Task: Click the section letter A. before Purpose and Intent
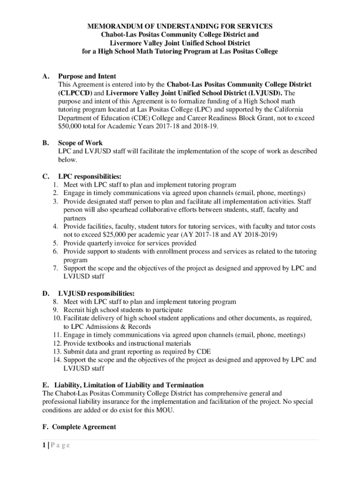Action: (x=46, y=76)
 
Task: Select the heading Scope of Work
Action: (x=80, y=143)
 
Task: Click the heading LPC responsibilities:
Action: (x=89, y=176)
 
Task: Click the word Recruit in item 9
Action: (x=74, y=310)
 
